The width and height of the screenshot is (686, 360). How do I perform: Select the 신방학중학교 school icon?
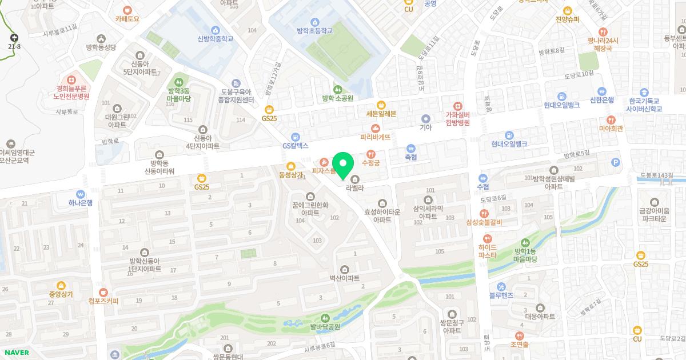tap(215, 30)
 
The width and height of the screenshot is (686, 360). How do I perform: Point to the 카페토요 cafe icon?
tap(127, 10)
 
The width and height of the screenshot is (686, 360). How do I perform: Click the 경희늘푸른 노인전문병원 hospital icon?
tap(71, 81)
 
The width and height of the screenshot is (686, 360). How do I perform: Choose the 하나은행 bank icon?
tap(81, 194)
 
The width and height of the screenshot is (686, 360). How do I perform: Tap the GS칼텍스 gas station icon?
tap(295, 137)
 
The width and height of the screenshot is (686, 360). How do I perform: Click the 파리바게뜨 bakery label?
tap(375, 137)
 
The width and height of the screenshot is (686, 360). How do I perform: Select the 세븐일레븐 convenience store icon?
tap(381, 105)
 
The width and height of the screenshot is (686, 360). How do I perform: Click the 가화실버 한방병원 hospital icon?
tap(457, 106)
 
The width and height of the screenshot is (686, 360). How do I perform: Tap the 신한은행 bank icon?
tap(601, 91)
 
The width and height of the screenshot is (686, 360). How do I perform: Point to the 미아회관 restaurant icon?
tap(611, 120)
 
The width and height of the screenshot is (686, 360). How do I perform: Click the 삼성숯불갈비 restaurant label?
tap(484, 222)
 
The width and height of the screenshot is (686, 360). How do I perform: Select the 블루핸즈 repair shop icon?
tap(501, 286)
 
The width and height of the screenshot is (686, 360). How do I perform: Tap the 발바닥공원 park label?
tap(325, 327)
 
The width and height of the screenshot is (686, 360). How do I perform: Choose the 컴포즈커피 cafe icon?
tap(103, 291)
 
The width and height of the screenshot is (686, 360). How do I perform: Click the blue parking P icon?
tap(615, 162)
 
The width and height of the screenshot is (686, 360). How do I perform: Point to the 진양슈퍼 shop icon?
tap(568, 10)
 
